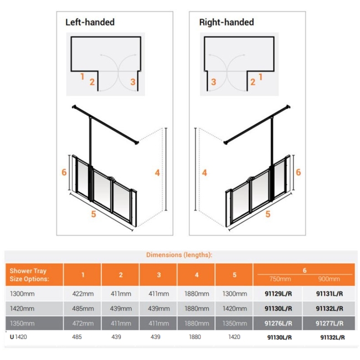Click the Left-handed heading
(90, 23)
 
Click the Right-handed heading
(226, 23)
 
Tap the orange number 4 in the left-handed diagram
(157, 173)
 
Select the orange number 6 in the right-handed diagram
(298, 172)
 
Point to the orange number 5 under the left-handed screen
(94, 214)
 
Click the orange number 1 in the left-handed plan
(81, 76)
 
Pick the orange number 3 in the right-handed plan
(213, 82)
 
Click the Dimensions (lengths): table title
(179, 255)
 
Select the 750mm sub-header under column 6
(280, 279)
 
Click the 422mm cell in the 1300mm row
(82, 294)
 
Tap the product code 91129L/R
(280, 294)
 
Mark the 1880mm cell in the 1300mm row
(196, 294)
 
